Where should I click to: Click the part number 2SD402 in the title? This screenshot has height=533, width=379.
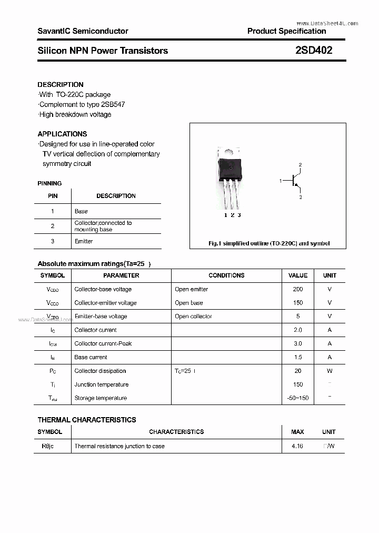(314, 51)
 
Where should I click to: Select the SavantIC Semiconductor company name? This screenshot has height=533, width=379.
(83, 31)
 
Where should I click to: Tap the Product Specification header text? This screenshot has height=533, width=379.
(286, 31)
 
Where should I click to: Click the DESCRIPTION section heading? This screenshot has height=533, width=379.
(61, 84)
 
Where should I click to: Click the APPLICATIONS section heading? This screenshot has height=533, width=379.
(62, 134)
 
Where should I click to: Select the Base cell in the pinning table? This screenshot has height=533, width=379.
(81, 211)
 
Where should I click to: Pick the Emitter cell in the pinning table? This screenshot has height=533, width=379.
(84, 241)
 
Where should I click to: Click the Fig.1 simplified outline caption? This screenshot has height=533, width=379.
(268, 243)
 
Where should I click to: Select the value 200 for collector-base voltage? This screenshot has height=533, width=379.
(298, 289)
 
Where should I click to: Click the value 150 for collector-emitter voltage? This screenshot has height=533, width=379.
(298, 303)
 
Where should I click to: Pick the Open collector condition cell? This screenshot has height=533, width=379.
(193, 317)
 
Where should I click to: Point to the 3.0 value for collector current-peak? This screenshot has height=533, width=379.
(298, 343)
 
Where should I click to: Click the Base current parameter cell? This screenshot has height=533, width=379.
(91, 357)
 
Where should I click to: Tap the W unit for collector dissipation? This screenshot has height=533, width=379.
(330, 371)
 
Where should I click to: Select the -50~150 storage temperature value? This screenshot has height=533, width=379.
(298, 398)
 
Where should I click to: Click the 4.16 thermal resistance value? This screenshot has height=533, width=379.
(297, 446)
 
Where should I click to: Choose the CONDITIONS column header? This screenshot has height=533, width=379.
(226, 275)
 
